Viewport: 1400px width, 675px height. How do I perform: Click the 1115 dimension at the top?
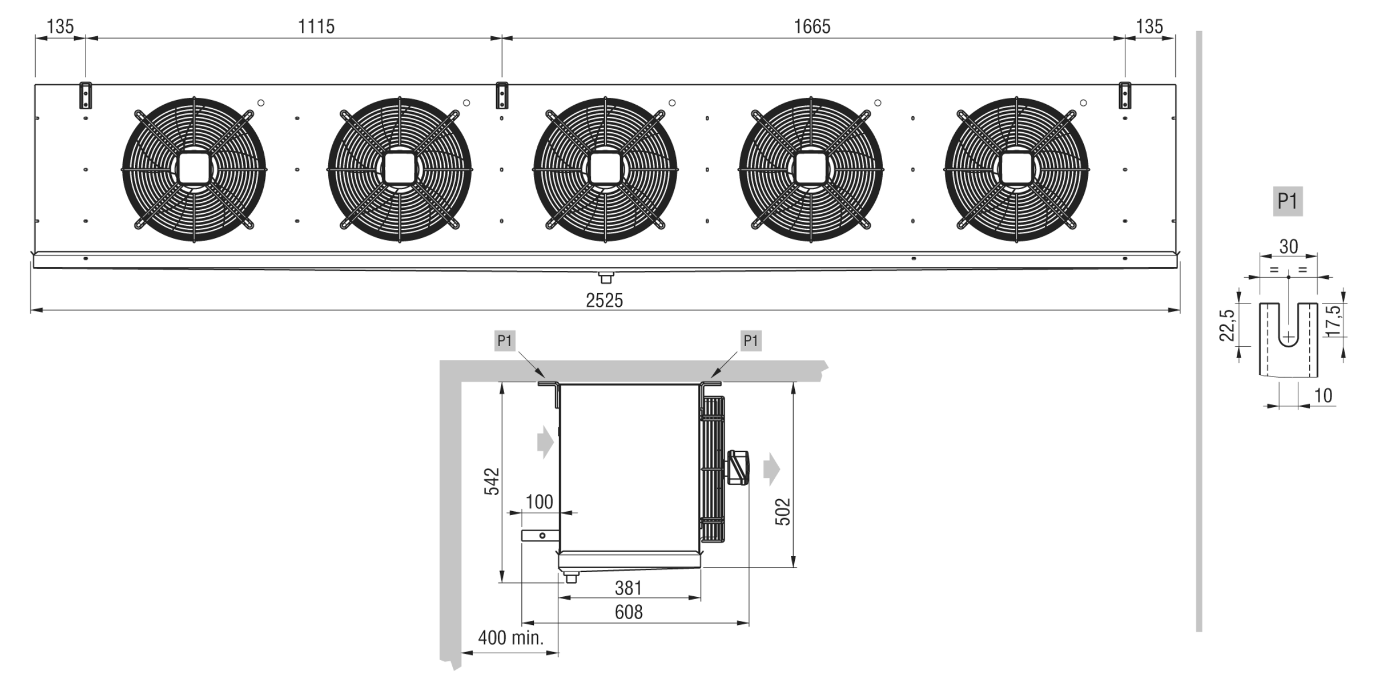[x=316, y=26]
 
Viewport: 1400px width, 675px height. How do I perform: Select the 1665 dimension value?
[x=811, y=26]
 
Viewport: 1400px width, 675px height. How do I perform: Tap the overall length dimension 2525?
[x=604, y=300]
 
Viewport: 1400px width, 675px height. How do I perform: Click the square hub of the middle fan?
[x=605, y=169]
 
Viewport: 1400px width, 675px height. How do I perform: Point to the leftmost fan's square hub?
[x=194, y=169]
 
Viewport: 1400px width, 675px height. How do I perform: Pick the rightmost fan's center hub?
[x=1016, y=169]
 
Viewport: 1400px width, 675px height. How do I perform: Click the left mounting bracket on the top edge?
[x=86, y=95]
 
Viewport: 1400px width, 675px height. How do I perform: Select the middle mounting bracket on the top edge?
[x=502, y=95]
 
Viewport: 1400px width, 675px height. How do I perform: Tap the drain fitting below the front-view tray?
[x=606, y=278]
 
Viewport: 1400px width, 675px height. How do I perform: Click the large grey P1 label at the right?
[x=1287, y=201]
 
